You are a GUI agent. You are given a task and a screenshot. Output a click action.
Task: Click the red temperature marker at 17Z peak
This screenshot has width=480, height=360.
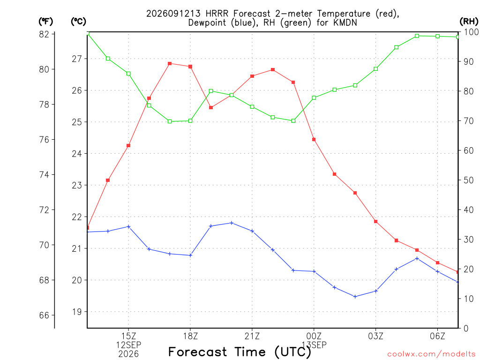click(170, 64)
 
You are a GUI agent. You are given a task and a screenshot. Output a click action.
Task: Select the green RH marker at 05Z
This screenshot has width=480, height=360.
click(417, 36)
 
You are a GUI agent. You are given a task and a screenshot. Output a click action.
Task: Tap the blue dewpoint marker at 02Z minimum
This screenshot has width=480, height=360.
click(355, 297)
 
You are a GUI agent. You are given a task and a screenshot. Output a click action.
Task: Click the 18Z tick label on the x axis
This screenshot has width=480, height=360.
click(190, 336)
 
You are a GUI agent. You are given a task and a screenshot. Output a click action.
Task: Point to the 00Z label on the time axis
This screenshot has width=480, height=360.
click(314, 336)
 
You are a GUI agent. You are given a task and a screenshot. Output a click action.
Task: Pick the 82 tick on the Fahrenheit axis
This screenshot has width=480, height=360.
click(44, 34)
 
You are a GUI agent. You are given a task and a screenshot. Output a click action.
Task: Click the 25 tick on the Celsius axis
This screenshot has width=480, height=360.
click(77, 122)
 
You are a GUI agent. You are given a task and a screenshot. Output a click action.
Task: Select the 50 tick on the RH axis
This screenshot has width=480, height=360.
click(469, 180)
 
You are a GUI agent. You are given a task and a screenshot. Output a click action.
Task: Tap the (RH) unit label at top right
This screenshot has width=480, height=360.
click(469, 22)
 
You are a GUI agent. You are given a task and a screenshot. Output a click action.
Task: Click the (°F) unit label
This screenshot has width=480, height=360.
click(45, 22)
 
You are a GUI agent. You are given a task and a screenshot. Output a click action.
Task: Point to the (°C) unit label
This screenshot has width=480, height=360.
click(78, 22)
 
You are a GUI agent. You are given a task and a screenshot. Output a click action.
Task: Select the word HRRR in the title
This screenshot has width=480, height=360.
click(217, 14)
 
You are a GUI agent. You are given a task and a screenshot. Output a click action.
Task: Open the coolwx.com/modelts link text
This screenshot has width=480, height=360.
click(431, 354)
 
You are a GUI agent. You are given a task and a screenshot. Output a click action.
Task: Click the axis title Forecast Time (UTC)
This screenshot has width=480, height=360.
click(240, 352)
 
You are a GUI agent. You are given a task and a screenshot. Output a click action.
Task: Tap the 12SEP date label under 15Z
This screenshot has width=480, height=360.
click(128, 345)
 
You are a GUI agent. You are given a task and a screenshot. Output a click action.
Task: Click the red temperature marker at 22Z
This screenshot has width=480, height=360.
click(273, 70)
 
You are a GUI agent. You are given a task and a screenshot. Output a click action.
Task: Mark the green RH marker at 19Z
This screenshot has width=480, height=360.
click(211, 91)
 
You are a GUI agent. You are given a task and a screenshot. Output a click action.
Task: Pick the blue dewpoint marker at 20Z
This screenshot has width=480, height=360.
click(232, 223)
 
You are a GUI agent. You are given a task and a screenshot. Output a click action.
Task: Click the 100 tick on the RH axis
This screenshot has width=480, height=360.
click(471, 32)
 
